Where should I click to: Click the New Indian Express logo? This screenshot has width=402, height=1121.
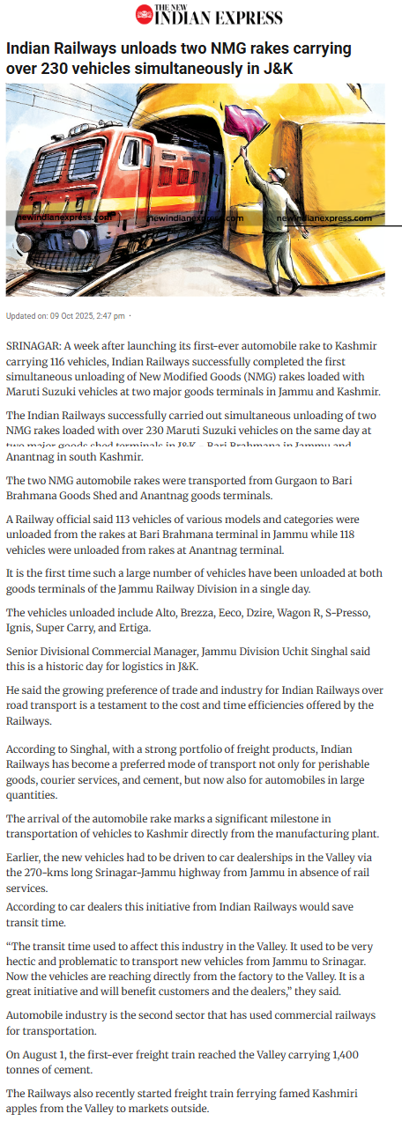(x=209, y=15)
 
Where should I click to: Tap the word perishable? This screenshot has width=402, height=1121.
(x=343, y=764)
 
